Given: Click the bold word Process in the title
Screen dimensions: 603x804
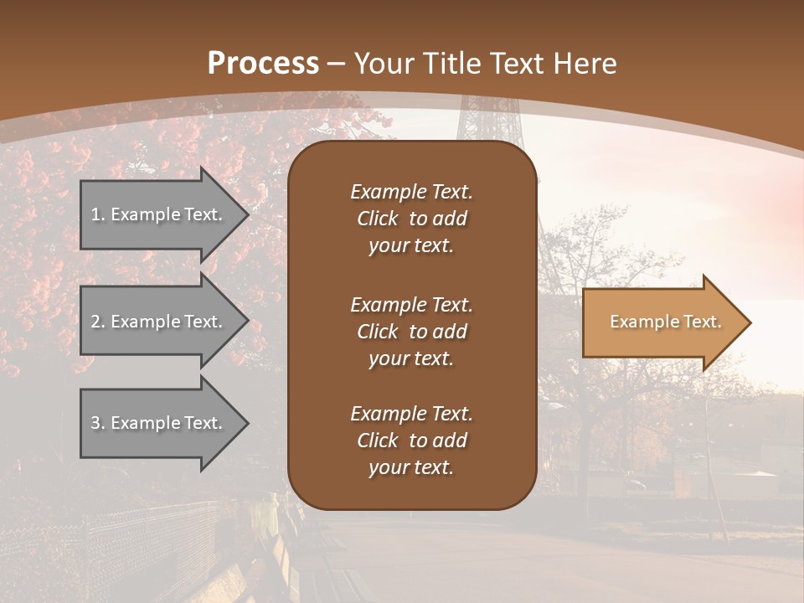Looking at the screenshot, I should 263,64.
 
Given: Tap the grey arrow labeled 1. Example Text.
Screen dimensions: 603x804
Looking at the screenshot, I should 159,214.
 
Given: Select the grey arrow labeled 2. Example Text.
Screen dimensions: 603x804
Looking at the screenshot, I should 159,322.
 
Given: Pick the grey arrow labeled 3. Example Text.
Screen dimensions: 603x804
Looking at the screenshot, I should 159,423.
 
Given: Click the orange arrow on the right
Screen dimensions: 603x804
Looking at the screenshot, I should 662,322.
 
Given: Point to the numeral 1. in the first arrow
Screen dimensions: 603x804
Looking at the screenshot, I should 98,214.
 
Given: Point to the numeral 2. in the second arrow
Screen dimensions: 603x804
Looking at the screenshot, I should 98,322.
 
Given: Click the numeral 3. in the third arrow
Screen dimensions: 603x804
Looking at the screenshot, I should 98,423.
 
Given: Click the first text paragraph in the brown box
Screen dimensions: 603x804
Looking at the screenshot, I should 411,219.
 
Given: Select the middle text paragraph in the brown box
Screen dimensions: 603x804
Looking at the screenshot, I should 411,331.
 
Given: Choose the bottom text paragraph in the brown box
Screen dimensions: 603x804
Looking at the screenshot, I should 411,441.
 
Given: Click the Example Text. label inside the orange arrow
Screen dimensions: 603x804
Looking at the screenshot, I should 665,322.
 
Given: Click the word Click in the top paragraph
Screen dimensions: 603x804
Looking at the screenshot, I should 378,219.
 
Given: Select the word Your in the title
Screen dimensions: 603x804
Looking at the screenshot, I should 384,64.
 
